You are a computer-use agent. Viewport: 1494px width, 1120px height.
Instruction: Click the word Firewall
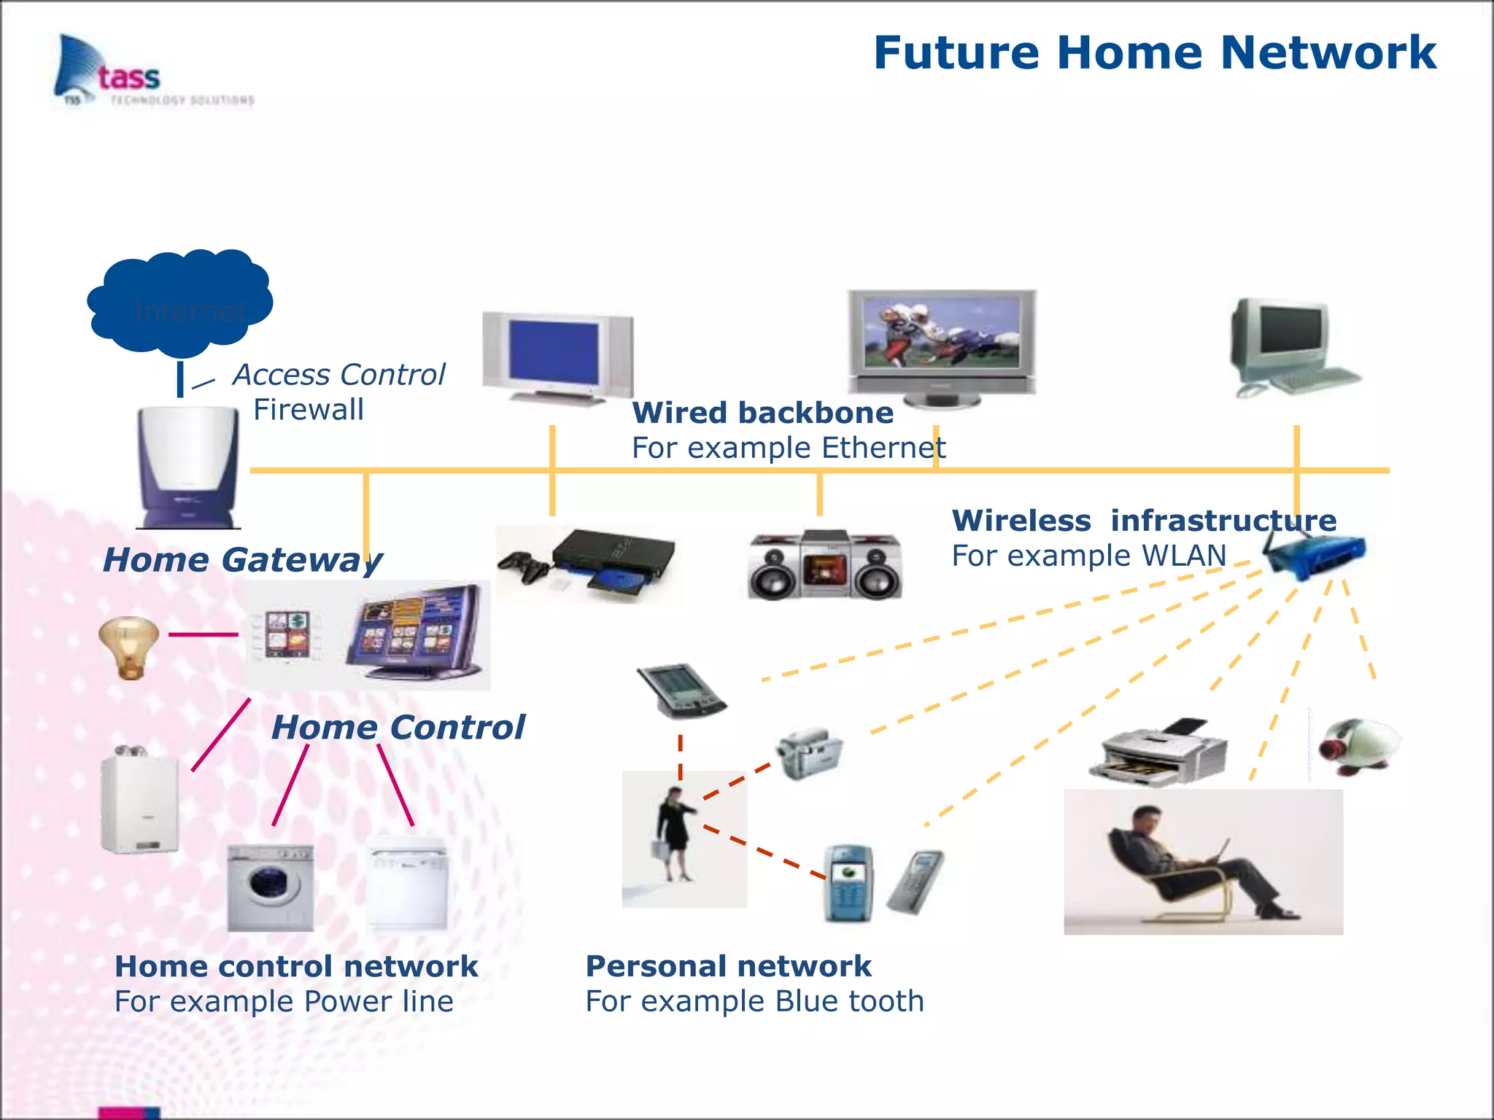point(308,410)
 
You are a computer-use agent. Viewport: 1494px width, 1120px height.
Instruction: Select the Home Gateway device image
point(188,467)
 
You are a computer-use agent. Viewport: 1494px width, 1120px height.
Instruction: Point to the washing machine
point(271,887)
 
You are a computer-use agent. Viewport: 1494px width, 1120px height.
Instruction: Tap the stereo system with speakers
point(825,565)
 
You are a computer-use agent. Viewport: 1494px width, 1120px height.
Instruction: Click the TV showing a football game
point(941,347)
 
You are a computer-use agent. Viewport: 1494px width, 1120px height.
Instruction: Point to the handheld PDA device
point(681,690)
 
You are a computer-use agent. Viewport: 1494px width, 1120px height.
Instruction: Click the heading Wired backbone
point(762,413)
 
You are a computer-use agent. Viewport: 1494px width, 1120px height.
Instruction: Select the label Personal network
point(728,966)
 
